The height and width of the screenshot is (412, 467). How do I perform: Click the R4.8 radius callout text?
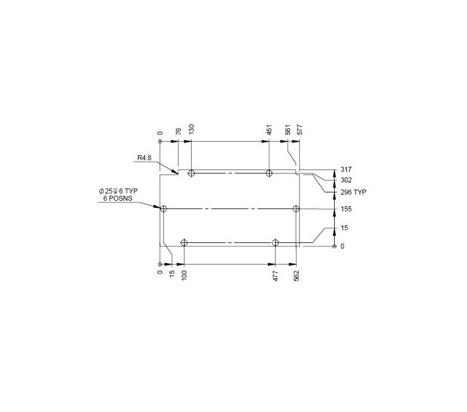[145, 158]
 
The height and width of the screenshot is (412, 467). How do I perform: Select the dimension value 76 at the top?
[178, 131]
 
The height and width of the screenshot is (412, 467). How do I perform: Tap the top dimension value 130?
[192, 130]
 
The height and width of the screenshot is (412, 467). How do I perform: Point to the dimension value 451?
[269, 130]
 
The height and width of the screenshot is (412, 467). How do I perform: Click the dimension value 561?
[288, 130]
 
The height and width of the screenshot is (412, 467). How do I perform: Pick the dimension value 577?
[300, 130]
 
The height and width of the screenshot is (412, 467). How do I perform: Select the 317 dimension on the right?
[346, 170]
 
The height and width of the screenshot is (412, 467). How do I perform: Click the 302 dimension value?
[346, 180]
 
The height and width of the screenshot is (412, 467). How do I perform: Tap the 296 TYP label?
[353, 192]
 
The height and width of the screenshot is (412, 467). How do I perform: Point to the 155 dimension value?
[346, 209]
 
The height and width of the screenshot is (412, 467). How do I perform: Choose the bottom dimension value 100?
[184, 275]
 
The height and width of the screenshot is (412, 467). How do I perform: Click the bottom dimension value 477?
[276, 275]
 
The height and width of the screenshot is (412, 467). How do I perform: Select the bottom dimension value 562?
[296, 275]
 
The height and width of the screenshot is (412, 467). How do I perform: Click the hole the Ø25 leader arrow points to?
[163, 209]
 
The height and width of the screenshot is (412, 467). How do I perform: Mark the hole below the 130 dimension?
[192, 173]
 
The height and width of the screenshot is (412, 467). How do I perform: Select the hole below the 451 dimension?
[269, 173]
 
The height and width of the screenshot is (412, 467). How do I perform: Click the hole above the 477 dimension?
[276, 242]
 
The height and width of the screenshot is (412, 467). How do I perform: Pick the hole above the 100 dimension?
[184, 242]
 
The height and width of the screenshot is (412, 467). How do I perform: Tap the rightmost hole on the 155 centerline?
[296, 209]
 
